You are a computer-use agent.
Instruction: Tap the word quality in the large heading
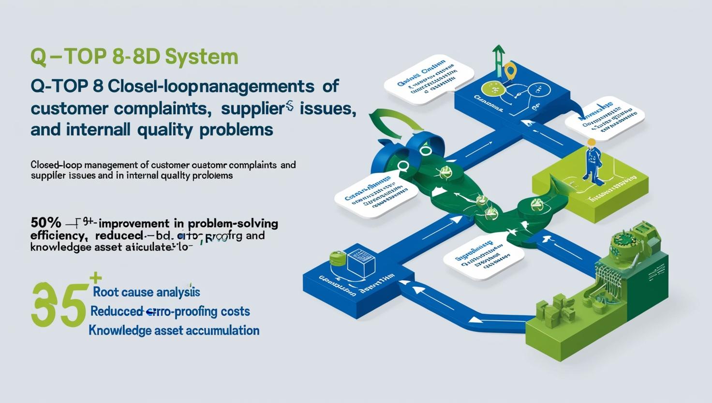click(x=173, y=130)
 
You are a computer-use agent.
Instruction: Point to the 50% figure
click(x=45, y=223)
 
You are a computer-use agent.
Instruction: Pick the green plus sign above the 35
click(x=96, y=279)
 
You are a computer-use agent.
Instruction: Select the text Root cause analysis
click(x=146, y=292)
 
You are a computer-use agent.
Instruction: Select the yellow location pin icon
click(x=509, y=71)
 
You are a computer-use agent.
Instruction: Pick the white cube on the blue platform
click(x=357, y=261)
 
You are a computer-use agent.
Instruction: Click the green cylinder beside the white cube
click(x=336, y=260)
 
